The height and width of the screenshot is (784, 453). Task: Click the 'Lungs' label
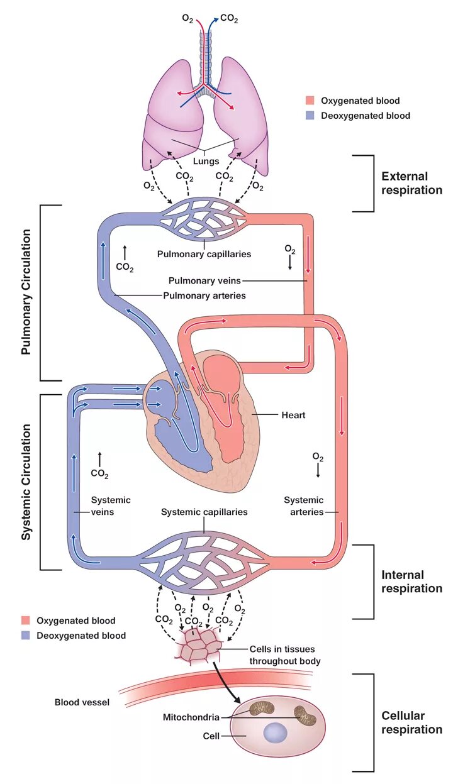[206, 161]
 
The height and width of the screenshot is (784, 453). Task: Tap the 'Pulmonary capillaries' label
[204, 255]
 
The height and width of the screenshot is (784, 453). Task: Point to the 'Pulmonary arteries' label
[204, 295]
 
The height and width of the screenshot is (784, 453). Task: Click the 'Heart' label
[293, 416]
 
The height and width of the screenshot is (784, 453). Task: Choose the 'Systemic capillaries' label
[204, 512]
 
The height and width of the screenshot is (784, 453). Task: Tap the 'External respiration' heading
[412, 183]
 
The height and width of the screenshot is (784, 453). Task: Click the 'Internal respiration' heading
[411, 582]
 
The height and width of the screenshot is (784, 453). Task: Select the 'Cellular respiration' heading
[411, 722]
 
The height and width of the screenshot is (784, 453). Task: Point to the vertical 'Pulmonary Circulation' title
[26, 292]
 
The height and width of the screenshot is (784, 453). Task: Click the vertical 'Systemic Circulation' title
[26, 482]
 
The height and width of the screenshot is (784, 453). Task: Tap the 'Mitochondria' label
[191, 717]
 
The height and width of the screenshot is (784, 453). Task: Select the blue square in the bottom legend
[26, 636]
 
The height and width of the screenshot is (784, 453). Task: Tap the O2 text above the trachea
[187, 19]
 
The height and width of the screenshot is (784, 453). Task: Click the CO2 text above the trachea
[229, 19]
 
